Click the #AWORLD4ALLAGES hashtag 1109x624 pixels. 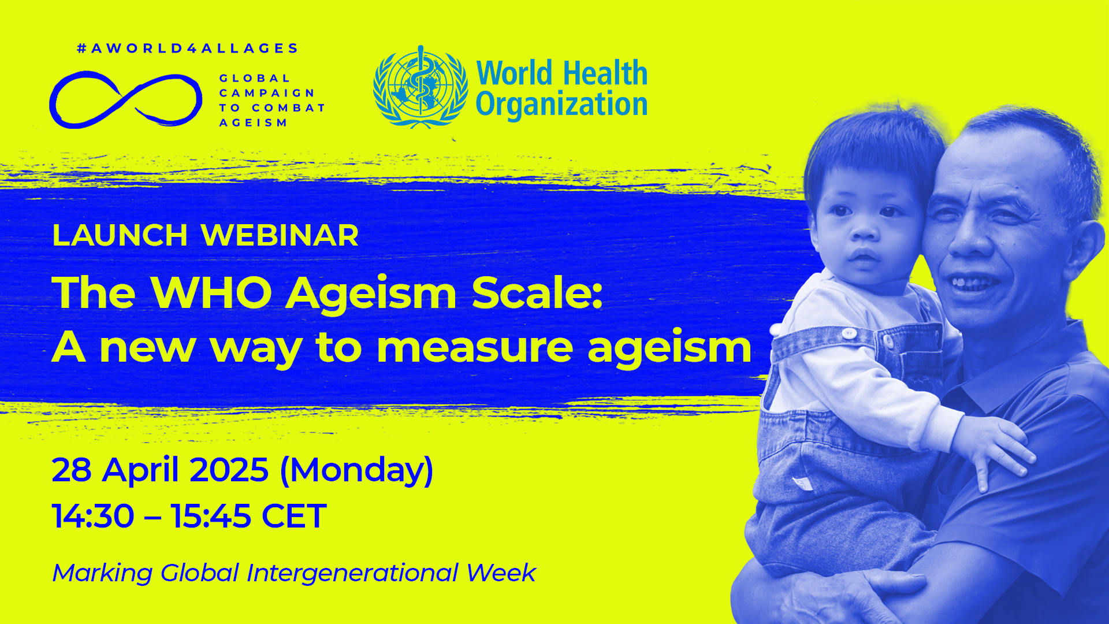point(187,49)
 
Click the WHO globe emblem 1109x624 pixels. point(420,87)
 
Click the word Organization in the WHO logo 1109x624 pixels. point(561,105)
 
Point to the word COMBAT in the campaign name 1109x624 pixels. point(288,108)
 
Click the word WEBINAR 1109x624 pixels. point(280,235)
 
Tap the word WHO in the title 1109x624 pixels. point(211,292)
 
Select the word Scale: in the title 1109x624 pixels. point(537,292)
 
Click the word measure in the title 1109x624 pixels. point(474,348)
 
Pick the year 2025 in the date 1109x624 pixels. point(229,470)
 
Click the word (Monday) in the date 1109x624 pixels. point(356,470)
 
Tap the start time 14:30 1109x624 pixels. point(93,515)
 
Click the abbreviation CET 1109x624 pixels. point(294,515)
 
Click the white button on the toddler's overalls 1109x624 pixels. point(849,333)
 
